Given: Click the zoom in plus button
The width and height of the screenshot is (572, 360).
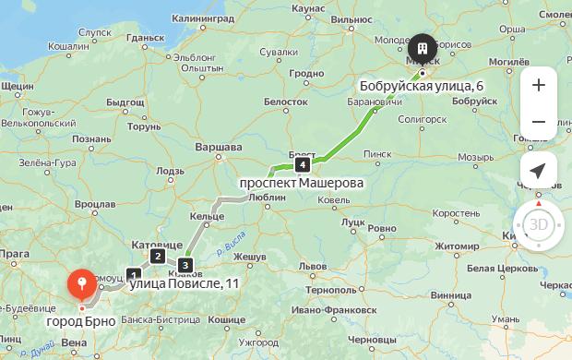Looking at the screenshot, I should point(538,85).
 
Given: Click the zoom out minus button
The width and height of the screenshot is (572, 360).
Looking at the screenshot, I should point(538,122).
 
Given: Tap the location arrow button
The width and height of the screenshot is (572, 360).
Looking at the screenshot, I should point(538,170).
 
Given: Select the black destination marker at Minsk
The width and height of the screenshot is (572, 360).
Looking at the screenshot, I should point(422,48).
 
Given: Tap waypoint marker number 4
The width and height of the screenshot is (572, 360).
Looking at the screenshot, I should point(302,165).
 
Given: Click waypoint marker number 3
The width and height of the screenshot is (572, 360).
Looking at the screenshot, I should point(185,266).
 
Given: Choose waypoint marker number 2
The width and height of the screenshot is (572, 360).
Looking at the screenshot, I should point(159,257).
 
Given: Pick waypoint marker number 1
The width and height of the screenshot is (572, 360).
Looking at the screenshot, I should point(135,274).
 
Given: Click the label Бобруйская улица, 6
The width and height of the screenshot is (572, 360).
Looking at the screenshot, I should point(422,87).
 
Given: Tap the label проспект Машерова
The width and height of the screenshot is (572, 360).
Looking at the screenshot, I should point(301,183).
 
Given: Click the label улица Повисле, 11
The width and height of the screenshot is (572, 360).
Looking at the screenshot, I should point(183,282).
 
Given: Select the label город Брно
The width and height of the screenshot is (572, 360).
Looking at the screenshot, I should point(81,321).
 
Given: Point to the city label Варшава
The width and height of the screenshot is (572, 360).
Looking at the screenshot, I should point(220,147).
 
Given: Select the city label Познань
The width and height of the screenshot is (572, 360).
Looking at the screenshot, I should point(91,139).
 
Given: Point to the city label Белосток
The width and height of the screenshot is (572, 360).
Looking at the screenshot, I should point(286,100).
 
